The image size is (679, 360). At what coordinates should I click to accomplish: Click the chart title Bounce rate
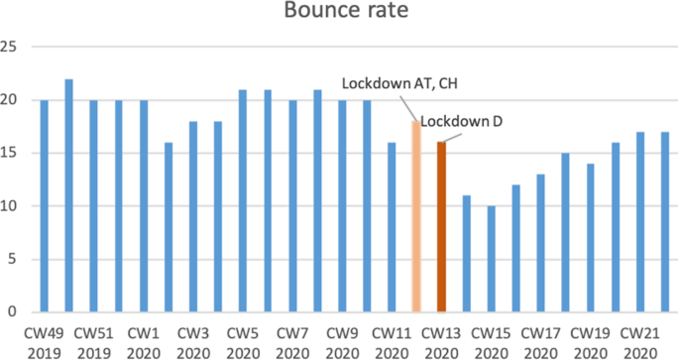click(339, 14)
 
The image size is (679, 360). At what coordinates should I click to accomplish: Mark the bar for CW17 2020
click(540, 242)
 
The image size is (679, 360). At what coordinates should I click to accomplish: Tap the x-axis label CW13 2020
click(441, 342)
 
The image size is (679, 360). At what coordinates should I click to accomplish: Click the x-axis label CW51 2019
click(93, 342)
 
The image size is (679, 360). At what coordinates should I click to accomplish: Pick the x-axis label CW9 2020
click(342, 342)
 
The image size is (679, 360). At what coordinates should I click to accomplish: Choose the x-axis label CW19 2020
click(590, 342)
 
